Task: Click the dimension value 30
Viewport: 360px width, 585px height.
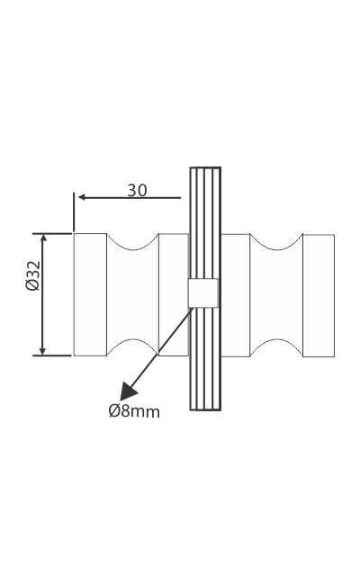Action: point(137,191)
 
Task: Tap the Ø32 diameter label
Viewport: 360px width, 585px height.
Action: point(32,275)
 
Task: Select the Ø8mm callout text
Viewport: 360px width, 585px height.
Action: point(134,411)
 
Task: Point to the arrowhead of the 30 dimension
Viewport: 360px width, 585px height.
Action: point(81,197)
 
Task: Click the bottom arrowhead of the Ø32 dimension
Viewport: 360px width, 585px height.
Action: point(42,350)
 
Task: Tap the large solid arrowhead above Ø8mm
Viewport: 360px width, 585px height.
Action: point(129,391)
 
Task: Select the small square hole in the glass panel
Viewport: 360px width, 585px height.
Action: point(202,293)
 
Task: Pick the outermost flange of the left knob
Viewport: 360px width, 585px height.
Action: point(90,294)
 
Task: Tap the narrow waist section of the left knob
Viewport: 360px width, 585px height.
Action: point(133,294)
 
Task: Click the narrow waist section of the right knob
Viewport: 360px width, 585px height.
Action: point(276,294)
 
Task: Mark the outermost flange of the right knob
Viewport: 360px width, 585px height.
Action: point(319,294)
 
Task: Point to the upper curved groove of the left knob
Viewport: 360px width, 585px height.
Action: point(133,245)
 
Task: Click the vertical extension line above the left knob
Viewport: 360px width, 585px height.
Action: point(74,212)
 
